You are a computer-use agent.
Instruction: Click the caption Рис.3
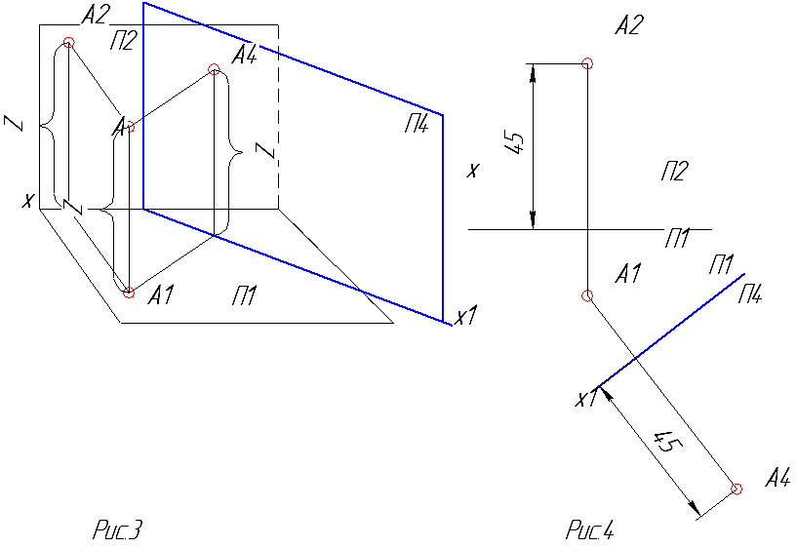pyautogui.click(x=118, y=530)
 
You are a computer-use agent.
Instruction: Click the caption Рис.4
pyautogui.click(x=589, y=530)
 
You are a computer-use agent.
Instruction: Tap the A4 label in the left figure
pyautogui.click(x=245, y=57)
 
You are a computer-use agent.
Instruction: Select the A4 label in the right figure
pyautogui.click(x=777, y=478)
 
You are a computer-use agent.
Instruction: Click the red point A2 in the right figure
pyautogui.click(x=586, y=64)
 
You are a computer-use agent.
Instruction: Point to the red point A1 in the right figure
pyautogui.click(x=586, y=295)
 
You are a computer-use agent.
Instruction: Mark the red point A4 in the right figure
pyautogui.click(x=737, y=489)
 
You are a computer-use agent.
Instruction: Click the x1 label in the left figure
pyautogui.click(x=463, y=317)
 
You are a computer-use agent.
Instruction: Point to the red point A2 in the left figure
pyautogui.click(x=68, y=42)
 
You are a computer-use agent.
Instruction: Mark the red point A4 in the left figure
pyautogui.click(x=215, y=68)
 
